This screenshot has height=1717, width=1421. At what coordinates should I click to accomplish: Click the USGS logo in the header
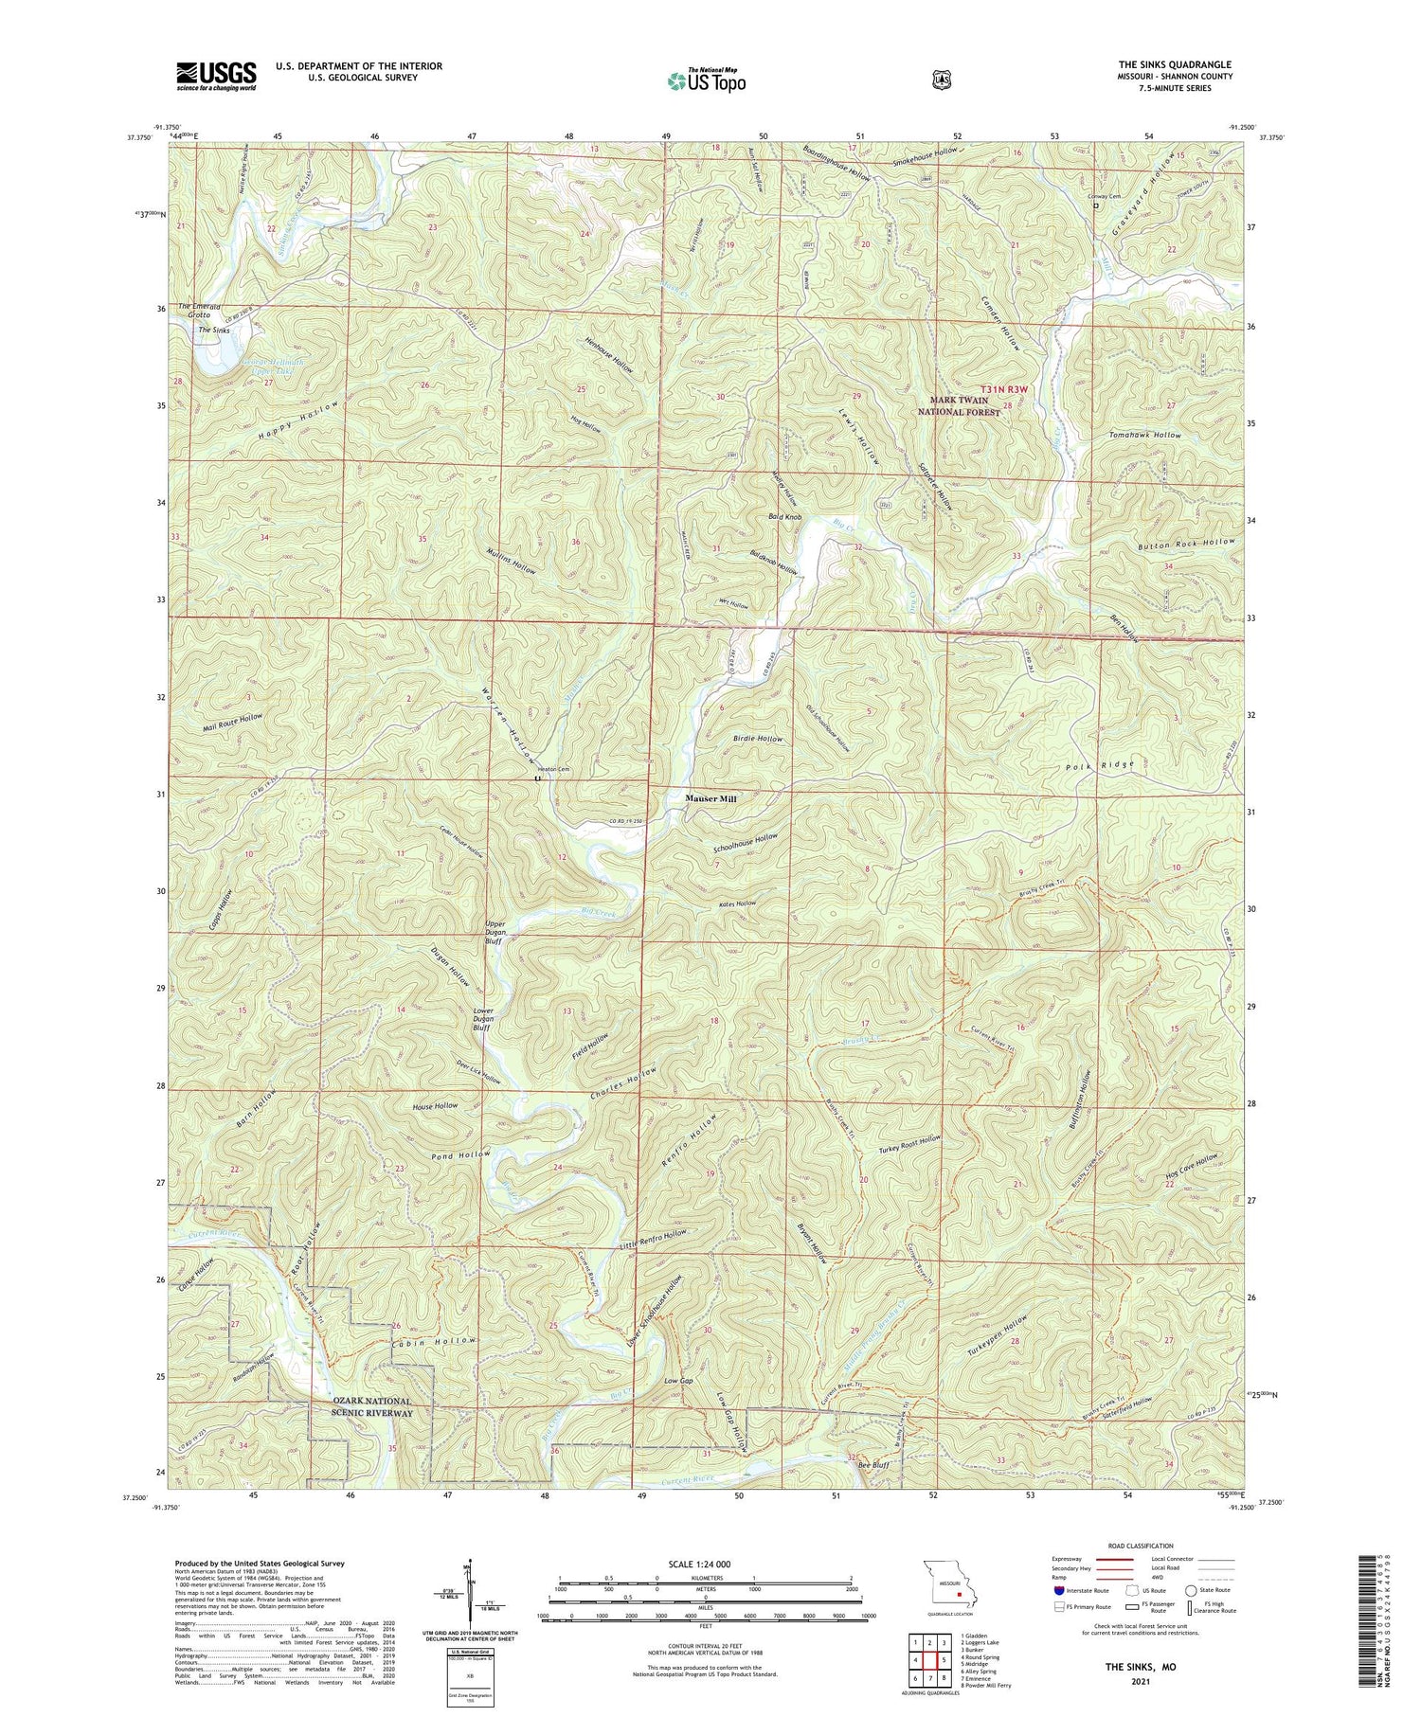click(x=216, y=75)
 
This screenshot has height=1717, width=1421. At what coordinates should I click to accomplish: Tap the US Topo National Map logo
click(x=707, y=80)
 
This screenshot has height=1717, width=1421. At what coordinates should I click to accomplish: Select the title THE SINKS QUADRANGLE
click(x=1175, y=64)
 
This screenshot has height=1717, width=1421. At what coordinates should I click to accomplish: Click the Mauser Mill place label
click(x=710, y=798)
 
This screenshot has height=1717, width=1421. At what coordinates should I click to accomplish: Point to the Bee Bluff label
click(x=872, y=1464)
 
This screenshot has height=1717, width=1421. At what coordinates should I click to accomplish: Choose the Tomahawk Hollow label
click(x=1145, y=435)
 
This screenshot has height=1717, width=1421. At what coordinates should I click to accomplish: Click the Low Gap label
click(x=679, y=1382)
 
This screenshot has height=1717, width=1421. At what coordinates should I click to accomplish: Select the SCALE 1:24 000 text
click(x=705, y=1564)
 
